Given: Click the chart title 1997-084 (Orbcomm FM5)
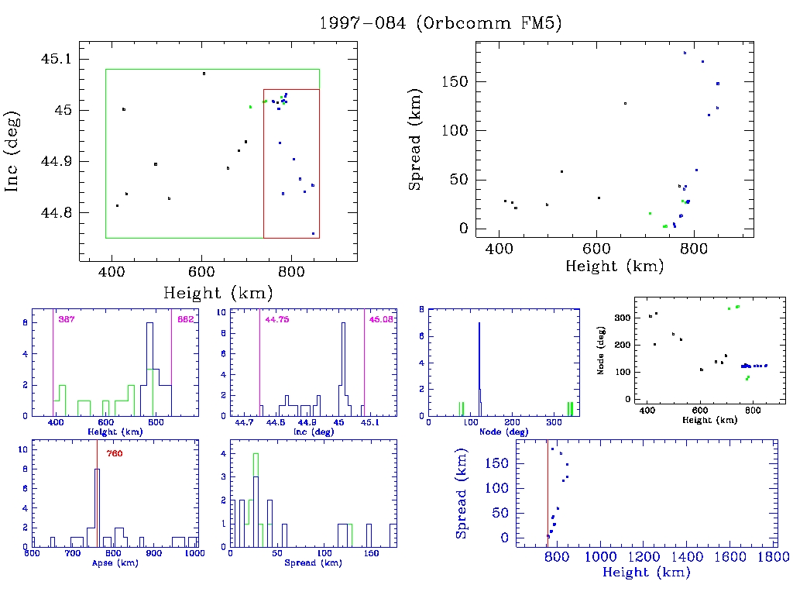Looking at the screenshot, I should (x=440, y=23).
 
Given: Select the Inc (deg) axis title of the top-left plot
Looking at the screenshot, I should (x=12, y=162).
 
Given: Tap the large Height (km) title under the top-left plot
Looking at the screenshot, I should (x=218, y=293).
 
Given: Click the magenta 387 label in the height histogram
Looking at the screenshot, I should (x=66, y=319).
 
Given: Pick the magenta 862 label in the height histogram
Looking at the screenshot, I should (x=185, y=319).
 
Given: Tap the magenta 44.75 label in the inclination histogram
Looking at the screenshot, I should (x=276, y=319).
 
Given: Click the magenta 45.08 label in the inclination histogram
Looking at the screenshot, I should (x=381, y=319).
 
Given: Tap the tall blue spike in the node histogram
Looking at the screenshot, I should (x=479, y=364).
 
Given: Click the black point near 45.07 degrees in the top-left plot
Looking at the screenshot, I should (x=204, y=74).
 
